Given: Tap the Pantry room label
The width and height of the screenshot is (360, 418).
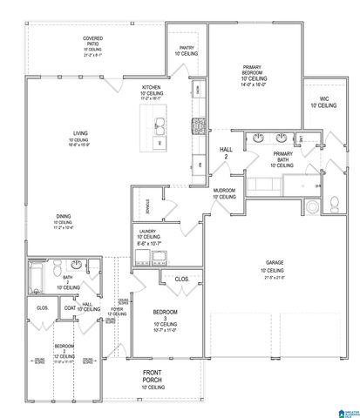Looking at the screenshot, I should pyautogui.click(x=187, y=51).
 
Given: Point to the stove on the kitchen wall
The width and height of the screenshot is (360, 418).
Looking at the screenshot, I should pyautogui.click(x=198, y=124).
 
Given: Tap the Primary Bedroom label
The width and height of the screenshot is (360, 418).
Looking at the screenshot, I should pyautogui.click(x=258, y=74).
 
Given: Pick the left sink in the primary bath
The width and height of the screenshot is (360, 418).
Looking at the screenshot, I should pyautogui.click(x=259, y=137).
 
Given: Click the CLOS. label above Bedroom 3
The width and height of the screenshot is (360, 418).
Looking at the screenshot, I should pyautogui.click(x=182, y=280).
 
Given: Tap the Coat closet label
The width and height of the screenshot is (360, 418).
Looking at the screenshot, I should pyautogui.click(x=70, y=307).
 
